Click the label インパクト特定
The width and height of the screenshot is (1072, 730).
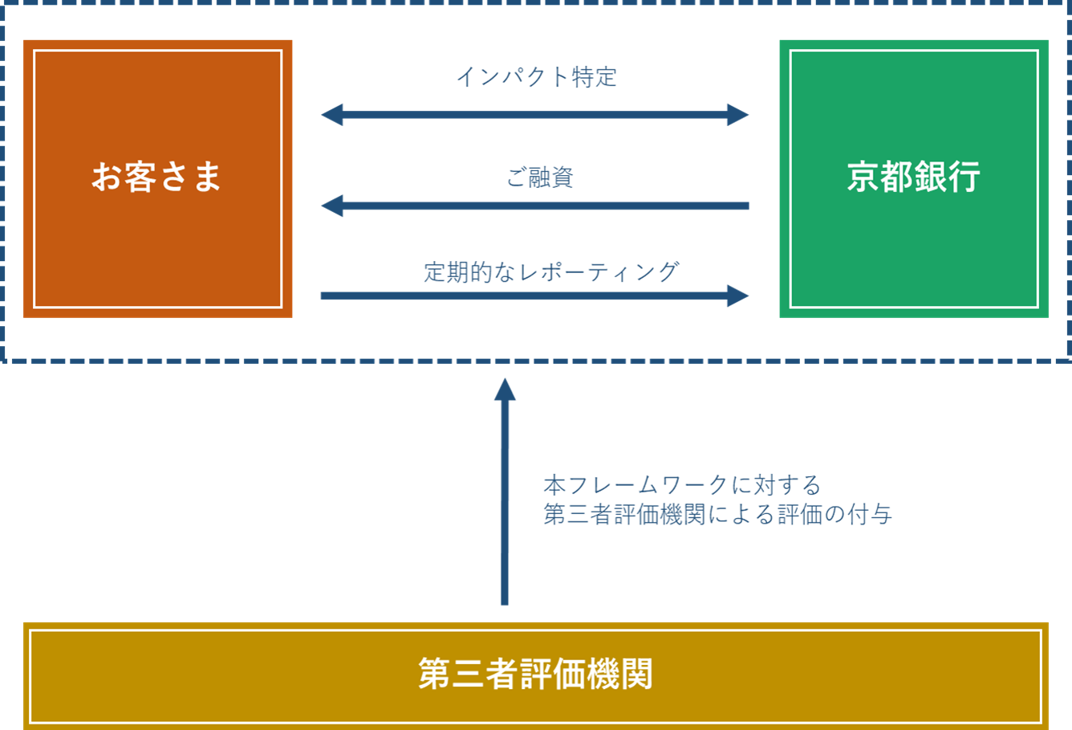tap(536, 77)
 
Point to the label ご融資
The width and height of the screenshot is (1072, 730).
tap(540, 177)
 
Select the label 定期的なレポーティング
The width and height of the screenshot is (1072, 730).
tap(551, 272)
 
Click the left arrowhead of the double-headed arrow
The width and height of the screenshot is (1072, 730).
tap(331, 115)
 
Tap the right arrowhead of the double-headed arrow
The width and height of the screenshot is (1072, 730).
tap(738, 115)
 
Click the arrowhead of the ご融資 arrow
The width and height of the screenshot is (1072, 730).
tap(331, 206)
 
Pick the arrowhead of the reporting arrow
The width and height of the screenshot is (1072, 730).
tap(738, 296)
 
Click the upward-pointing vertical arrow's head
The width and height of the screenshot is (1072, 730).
tap(505, 389)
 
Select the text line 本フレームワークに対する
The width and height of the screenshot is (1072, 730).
tap(682, 485)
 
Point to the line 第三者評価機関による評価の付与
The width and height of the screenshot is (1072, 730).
tap(717, 514)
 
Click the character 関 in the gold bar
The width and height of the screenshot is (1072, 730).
tap(637, 675)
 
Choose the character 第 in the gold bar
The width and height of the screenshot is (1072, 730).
tap(434, 675)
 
